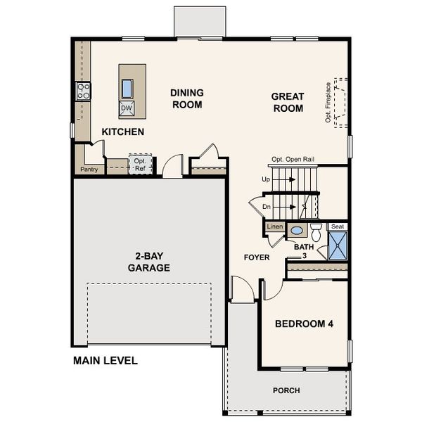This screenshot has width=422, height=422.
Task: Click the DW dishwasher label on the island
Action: tap(127, 108)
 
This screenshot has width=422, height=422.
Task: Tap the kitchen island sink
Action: tap(127, 88)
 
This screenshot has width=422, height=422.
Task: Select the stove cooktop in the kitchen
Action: tap(83, 91)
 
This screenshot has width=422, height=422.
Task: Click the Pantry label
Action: tap(89, 170)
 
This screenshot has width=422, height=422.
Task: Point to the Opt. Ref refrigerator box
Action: tap(140, 164)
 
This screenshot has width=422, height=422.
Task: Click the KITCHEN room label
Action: tap(122, 132)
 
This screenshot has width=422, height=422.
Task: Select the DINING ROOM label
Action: tap(186, 98)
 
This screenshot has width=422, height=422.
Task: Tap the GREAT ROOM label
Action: tap(288, 103)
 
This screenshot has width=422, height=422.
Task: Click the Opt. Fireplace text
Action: tap(328, 103)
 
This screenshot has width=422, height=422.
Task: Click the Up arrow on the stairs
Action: tap(281, 180)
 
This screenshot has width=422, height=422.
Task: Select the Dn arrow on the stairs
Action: tap(281, 207)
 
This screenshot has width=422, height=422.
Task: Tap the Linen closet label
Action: tap(274, 226)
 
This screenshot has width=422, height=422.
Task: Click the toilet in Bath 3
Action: tap(316, 233)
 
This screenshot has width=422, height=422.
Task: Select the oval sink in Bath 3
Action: tap(297, 230)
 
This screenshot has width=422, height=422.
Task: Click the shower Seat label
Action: tap(338, 226)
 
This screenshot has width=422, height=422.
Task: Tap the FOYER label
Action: tap(257, 257)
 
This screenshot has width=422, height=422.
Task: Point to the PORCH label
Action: tap(286, 390)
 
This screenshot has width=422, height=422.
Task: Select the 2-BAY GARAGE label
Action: tap(148, 262)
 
